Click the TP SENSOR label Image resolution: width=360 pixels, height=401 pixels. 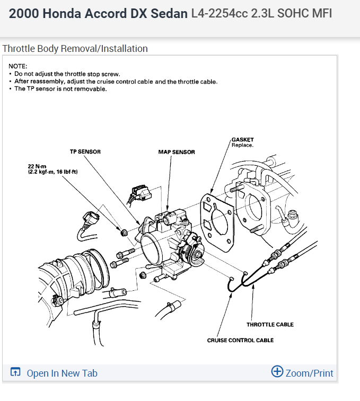(x=85, y=152)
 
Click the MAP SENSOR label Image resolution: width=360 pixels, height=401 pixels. (x=177, y=152)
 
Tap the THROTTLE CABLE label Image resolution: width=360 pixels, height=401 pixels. (x=270, y=324)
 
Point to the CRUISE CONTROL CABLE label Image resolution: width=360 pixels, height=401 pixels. (x=240, y=340)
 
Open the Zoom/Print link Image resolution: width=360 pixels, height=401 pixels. (x=309, y=373)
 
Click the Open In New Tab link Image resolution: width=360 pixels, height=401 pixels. (x=62, y=373)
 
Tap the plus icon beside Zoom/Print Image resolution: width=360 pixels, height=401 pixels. (x=277, y=371)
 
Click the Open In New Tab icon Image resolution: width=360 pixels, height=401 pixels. (x=15, y=372)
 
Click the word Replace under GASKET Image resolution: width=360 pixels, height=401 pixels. (x=242, y=145)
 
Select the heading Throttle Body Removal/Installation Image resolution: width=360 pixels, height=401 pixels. (x=75, y=49)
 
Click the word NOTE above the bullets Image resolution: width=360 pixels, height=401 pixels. (x=17, y=66)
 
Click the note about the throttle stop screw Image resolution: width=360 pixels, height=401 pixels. (x=67, y=74)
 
